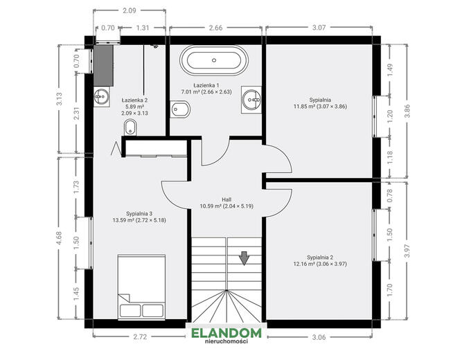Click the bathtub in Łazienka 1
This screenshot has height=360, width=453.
[214, 60]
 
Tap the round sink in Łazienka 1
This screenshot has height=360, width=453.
[251, 100]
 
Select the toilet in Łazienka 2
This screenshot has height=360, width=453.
[130, 127]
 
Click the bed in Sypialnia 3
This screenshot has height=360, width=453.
[141, 287]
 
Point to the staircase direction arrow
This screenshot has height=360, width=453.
[245, 258]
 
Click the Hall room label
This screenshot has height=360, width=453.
[226, 199]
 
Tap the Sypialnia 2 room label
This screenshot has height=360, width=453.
[320, 258]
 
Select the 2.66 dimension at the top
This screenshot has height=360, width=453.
[216, 28]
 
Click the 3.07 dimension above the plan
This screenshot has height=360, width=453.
[319, 28]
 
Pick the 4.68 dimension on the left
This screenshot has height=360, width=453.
[59, 238]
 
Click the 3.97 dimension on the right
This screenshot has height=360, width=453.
[407, 251]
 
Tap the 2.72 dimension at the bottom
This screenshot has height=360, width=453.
[140, 336]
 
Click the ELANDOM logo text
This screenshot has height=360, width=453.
[226, 333]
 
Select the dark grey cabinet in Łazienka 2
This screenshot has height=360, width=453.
[103, 65]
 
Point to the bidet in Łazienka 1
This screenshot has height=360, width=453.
[180, 109]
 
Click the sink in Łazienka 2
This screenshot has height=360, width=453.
[102, 96]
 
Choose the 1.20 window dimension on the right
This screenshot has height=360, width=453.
[390, 116]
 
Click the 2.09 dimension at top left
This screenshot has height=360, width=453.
[129, 10]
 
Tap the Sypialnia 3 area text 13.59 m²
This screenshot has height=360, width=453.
[123, 220]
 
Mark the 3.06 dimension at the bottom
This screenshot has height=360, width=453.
[319, 337]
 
